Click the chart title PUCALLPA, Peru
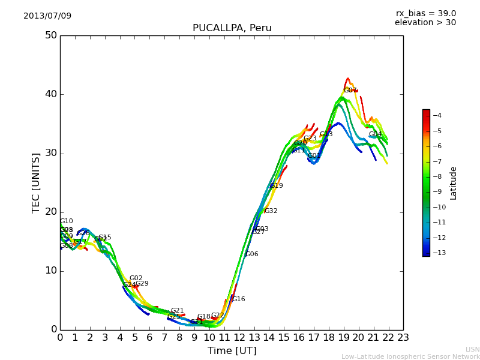click(x=232, y=28)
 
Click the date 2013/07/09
click(x=47, y=16)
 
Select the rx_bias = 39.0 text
click(x=425, y=13)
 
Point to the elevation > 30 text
click(x=425, y=23)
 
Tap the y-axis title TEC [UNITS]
click(x=36, y=182)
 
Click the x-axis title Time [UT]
click(x=232, y=351)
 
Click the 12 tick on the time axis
click(x=239, y=338)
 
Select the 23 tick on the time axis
click(x=403, y=338)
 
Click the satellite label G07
click(x=350, y=91)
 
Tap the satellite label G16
click(x=239, y=299)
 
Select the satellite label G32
click(x=271, y=211)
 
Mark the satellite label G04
click(x=376, y=134)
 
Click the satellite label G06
click(x=252, y=254)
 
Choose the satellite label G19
click(x=277, y=186)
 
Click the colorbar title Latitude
click(x=454, y=182)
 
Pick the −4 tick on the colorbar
click(x=437, y=115)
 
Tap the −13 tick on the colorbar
click(x=439, y=253)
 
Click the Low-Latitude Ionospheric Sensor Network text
click(x=410, y=356)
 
